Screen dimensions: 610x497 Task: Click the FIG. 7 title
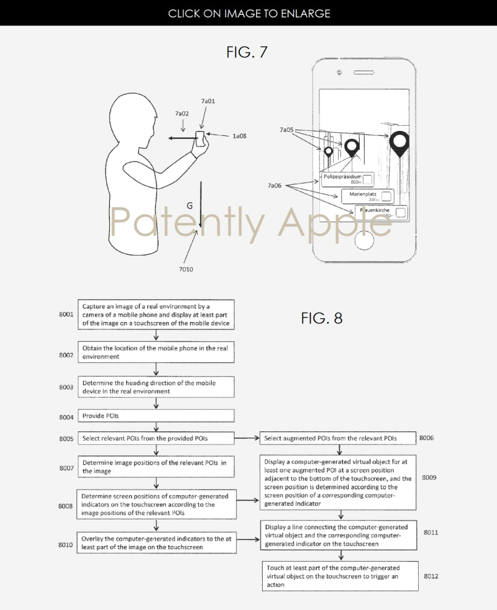pos(247,52)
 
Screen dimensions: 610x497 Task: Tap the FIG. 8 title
pos(322,318)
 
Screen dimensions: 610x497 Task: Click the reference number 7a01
pos(208,101)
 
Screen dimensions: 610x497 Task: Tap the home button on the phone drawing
pos(361,242)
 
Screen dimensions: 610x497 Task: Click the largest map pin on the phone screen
pos(399,144)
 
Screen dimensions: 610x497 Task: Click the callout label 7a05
pos(286,130)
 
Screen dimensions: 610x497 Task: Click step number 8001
pos(64,315)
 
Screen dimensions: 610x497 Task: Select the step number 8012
pos(431,576)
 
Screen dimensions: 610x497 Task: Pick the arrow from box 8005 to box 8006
pos(247,439)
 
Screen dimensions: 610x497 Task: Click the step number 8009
pos(429,477)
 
